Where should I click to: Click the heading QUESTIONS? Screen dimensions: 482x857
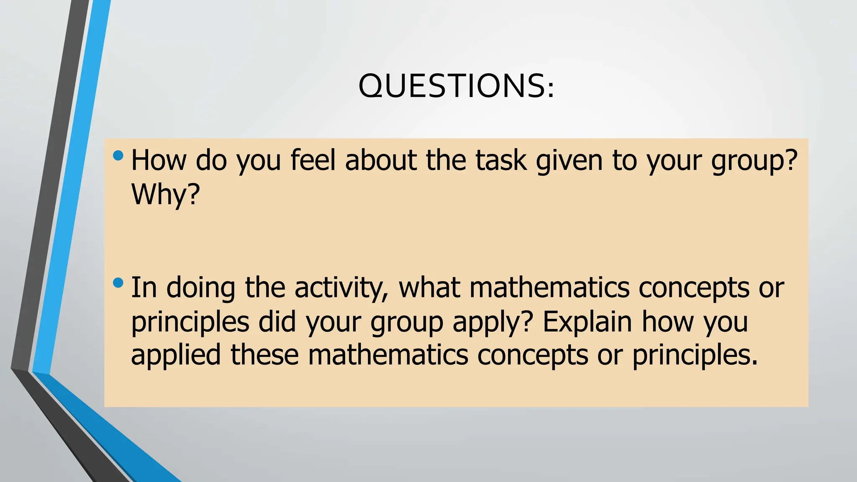tap(456, 86)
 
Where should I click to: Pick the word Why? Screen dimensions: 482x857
tap(166, 195)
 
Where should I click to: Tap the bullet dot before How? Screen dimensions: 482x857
tap(118, 156)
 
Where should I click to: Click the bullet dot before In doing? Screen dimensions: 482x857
tap(118, 283)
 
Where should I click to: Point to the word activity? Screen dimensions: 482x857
tap(341, 289)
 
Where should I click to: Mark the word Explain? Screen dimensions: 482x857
tap(587, 322)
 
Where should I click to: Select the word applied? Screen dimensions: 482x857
tap(176, 356)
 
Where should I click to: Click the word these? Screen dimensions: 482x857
tap(264, 355)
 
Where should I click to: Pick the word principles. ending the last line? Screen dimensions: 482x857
tap(695, 356)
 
